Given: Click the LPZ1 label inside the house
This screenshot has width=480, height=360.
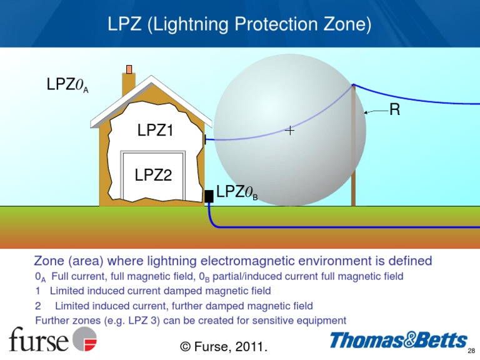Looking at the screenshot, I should click(x=155, y=130).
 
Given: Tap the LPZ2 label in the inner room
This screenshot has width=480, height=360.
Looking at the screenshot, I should click(x=153, y=176).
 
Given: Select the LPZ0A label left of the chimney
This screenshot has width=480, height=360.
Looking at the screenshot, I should click(x=67, y=85).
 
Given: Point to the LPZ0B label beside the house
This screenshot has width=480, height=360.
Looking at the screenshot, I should click(x=237, y=192).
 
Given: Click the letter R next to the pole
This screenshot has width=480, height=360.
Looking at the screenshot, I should click(x=394, y=111).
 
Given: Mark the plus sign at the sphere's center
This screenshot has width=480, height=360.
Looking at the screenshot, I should click(x=290, y=131).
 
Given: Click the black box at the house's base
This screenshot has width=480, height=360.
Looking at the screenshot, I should click(x=209, y=196).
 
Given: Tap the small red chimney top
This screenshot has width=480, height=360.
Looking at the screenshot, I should click(x=129, y=69).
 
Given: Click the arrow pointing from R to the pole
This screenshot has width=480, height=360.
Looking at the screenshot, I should click(x=375, y=112).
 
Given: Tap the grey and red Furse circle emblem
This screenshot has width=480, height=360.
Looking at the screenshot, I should click(x=85, y=339).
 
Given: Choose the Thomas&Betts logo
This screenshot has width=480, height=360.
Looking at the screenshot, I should click(x=398, y=341).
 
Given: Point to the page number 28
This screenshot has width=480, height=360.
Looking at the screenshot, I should click(x=472, y=351).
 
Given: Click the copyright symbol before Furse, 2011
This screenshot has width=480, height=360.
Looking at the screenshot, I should click(x=185, y=346).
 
